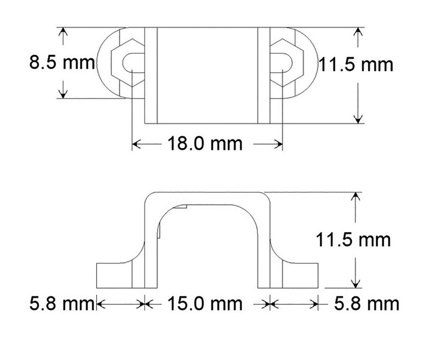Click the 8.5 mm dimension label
[62, 63]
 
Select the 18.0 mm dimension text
[204, 144]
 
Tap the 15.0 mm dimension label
[204, 304]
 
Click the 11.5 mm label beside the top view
[356, 65]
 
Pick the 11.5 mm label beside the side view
[353, 240]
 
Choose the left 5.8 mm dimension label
[61, 304]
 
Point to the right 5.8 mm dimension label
[366, 304]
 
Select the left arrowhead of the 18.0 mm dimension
[136, 144]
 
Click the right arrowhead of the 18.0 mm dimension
[279, 144]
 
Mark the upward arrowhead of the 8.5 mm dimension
[62, 32]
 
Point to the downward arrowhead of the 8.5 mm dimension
[62, 94]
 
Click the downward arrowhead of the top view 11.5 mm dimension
[358, 118]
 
